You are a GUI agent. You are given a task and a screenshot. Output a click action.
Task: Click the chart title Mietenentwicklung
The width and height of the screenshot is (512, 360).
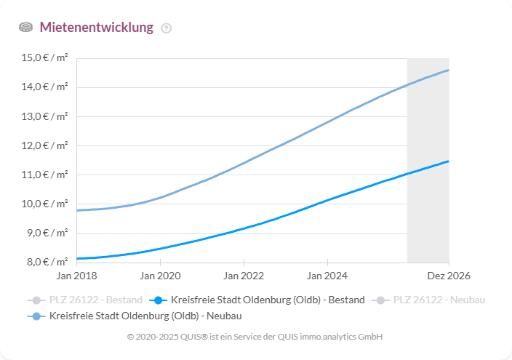click(x=96, y=28)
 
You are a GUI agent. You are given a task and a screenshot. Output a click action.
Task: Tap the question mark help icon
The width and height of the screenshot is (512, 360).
click(x=167, y=28)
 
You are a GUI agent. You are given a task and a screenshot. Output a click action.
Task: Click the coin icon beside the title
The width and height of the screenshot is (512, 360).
click(x=26, y=28)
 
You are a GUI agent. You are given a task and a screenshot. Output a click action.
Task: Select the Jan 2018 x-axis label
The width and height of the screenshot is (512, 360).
click(x=76, y=276)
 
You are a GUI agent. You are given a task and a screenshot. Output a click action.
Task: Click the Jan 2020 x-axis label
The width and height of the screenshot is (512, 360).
click(x=160, y=276)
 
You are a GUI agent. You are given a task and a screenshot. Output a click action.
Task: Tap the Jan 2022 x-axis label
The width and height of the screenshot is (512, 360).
click(x=244, y=276)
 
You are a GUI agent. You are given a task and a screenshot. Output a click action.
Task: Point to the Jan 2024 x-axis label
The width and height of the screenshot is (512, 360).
click(x=327, y=276)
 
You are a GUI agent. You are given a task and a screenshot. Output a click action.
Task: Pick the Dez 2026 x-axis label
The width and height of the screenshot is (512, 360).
click(x=449, y=276)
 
